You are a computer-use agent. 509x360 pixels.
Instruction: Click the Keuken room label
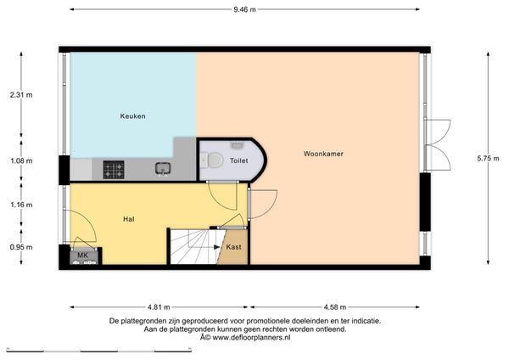coord(133,116)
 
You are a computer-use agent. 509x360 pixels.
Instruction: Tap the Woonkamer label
coord(323,154)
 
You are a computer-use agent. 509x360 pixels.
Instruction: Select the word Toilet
coord(239,160)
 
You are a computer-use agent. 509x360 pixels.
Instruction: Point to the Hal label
coord(129,219)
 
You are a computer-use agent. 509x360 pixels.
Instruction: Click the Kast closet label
coord(234,247)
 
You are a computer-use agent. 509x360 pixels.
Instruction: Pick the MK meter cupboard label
coord(83,256)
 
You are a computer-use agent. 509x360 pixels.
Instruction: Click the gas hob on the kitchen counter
coord(114,170)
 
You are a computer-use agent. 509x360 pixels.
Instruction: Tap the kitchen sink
coord(163,169)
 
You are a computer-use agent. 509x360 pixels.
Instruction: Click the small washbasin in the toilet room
coord(237,144)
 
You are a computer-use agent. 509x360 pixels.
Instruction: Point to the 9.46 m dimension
coord(245,9)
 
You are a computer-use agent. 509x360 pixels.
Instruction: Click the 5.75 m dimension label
coord(488,159)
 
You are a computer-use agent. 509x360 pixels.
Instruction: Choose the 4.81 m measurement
coord(159,307)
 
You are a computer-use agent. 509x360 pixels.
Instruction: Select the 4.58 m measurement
coord(335,307)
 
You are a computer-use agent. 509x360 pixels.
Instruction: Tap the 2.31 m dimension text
coord(21,95)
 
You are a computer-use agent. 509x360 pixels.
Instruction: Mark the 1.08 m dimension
coord(21,160)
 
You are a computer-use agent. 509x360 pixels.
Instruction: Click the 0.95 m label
coord(21,247)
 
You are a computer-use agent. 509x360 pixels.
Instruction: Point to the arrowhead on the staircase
coord(217,247)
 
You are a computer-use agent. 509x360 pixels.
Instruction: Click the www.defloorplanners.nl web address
coord(251,338)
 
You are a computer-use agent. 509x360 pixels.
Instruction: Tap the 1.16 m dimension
coord(21,205)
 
